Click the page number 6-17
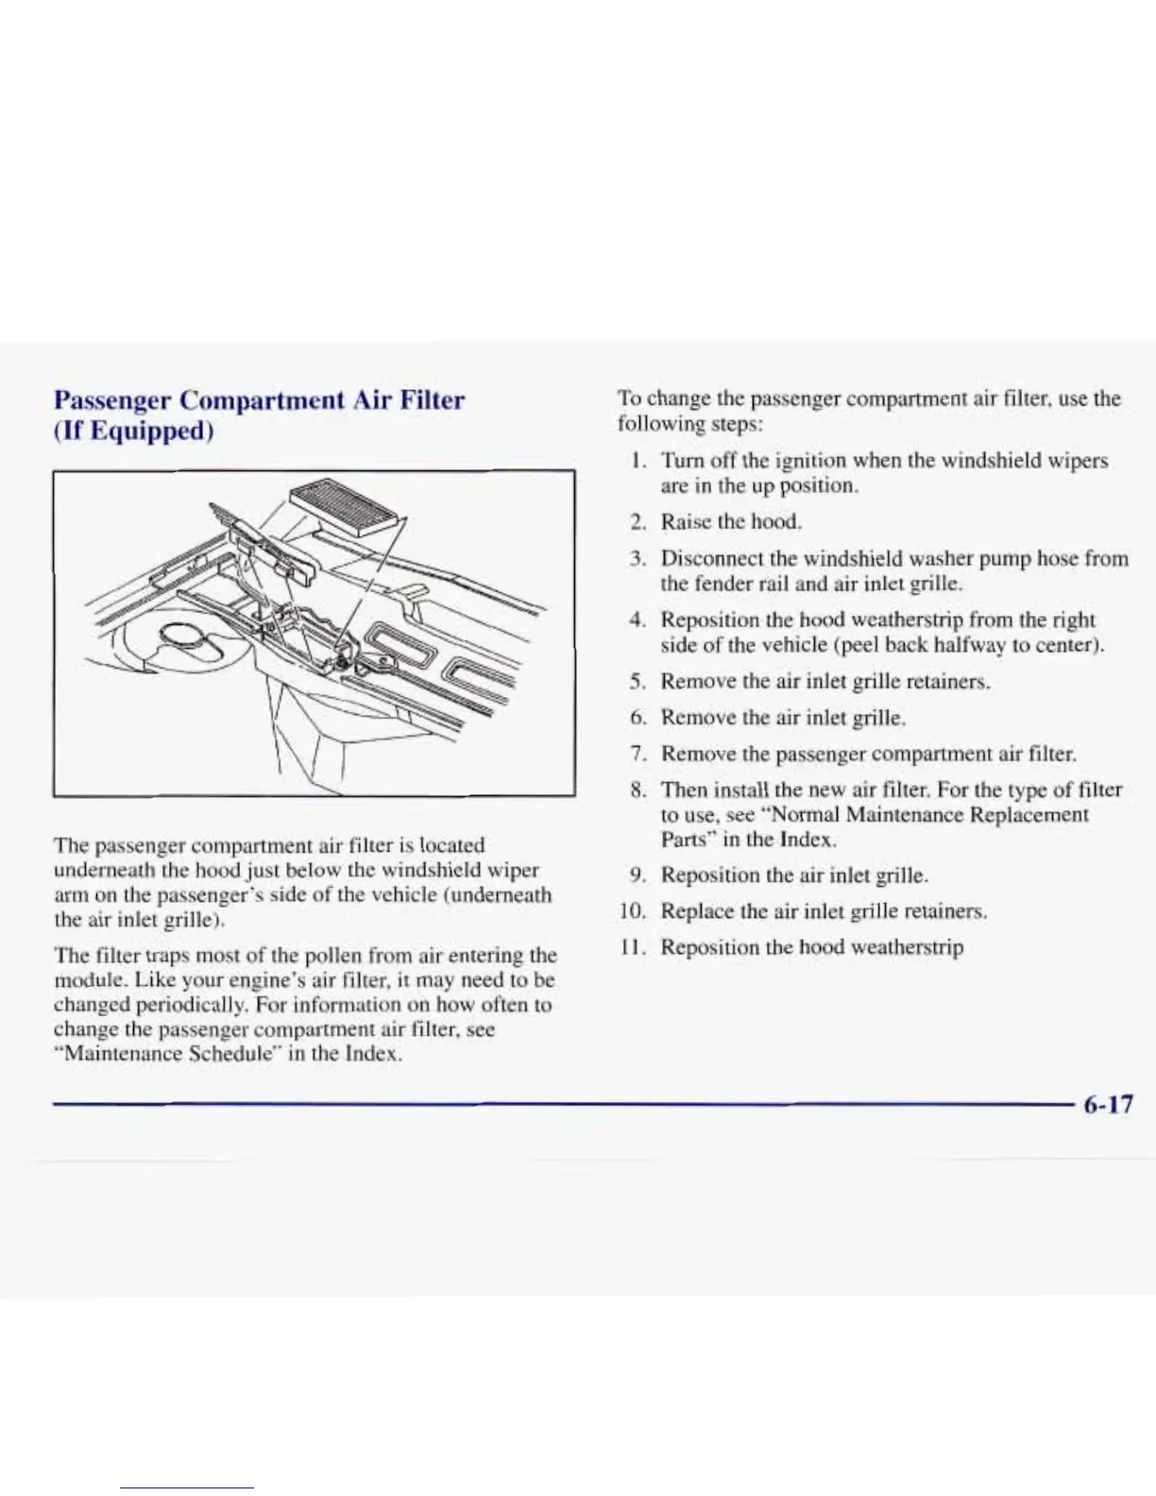[1107, 1104]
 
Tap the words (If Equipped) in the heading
[134, 432]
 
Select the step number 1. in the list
[638, 461]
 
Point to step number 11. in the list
[632, 947]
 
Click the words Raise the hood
[731, 521]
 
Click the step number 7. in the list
[638, 754]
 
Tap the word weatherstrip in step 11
[907, 947]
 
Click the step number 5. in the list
[638, 681]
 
